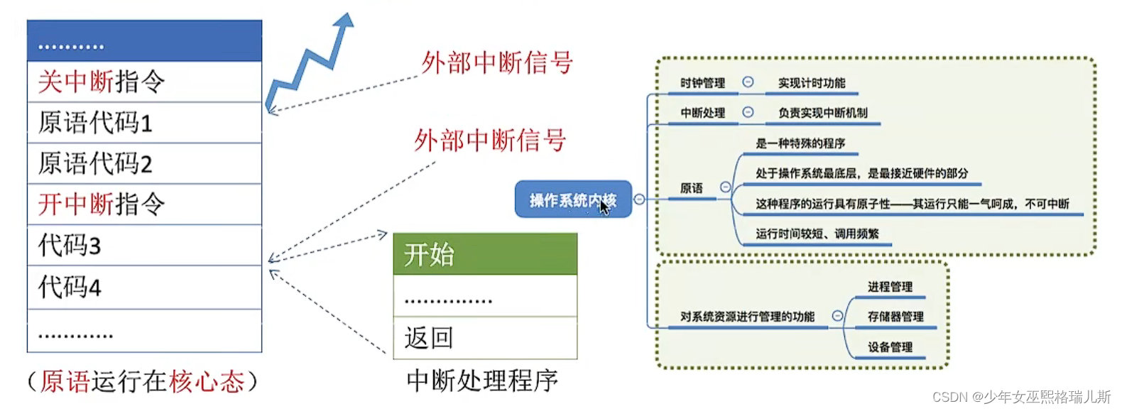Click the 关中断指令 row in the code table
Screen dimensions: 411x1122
click(144, 82)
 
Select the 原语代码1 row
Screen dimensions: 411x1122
click(144, 123)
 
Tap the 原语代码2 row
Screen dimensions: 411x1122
click(144, 164)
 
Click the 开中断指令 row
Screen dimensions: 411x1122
click(144, 204)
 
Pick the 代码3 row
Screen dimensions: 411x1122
click(144, 246)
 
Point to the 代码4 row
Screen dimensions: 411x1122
click(144, 287)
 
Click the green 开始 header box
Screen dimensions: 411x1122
click(485, 254)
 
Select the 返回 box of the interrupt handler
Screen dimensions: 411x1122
click(485, 338)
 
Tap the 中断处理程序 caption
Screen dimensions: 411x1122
click(482, 381)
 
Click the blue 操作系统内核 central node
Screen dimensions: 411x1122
click(572, 200)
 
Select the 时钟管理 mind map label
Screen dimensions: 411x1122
click(702, 83)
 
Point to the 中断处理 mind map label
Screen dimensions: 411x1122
click(702, 113)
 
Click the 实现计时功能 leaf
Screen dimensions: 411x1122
click(812, 83)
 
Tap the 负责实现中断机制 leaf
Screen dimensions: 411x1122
click(822, 113)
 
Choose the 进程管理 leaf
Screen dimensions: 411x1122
click(890, 287)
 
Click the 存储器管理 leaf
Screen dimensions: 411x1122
click(895, 317)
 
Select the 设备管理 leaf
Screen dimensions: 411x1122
click(890, 347)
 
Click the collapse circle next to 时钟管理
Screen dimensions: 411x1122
click(748, 82)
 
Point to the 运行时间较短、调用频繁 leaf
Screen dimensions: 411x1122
click(817, 234)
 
